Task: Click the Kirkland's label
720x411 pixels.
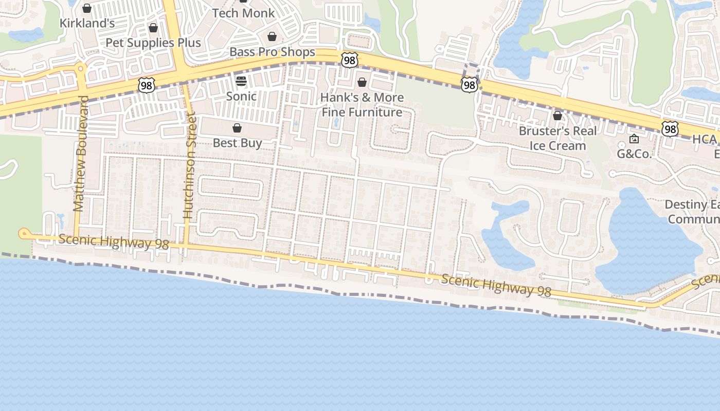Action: coord(87,23)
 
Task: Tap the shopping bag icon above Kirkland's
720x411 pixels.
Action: coord(87,8)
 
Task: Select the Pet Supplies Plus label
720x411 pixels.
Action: coord(153,43)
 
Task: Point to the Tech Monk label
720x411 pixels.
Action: coord(243,13)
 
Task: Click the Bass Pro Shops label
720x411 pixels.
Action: coord(272,52)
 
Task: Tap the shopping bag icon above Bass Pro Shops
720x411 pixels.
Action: coord(272,36)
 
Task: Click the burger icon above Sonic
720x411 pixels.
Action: coord(241,81)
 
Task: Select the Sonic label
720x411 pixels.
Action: coord(241,96)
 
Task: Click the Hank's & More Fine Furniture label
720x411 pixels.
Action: coord(362,105)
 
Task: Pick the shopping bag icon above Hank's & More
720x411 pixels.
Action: coord(362,82)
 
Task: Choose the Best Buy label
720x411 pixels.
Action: coord(237,143)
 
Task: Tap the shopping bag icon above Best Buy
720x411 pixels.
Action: coord(237,128)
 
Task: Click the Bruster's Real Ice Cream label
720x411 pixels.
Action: coord(557,138)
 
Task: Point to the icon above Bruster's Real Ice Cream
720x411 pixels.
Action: coord(557,116)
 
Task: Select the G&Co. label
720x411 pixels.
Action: coord(634,154)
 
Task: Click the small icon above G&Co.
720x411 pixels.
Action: coord(634,139)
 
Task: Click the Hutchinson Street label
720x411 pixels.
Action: coord(189,167)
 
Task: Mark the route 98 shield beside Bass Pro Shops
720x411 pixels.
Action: coord(349,61)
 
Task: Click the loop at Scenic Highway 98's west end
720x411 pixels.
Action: coord(23,234)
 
